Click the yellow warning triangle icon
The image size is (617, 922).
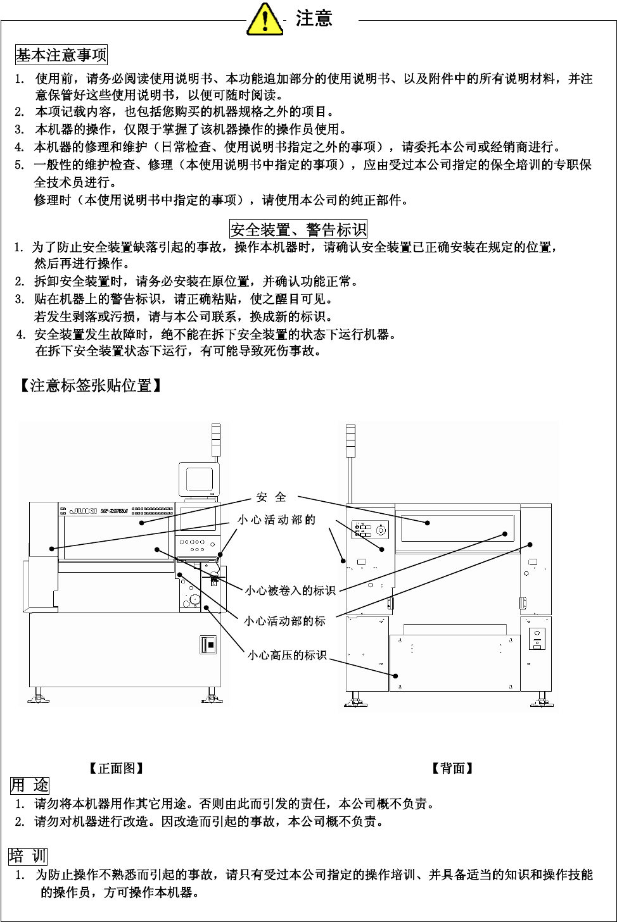point(264,19)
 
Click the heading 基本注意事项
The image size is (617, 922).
point(61,55)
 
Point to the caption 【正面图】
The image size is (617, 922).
point(117,768)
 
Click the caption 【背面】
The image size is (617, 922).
point(452,768)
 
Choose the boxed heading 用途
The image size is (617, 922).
point(30,785)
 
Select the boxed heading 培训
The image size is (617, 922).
point(29,856)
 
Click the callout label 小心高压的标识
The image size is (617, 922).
point(287,655)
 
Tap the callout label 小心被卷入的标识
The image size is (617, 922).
point(290,590)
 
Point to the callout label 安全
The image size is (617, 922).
point(271,497)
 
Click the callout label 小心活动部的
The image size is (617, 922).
point(276,520)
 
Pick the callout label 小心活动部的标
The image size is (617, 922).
point(284,621)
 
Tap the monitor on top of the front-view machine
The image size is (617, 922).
point(198,480)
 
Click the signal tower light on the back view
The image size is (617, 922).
point(350,440)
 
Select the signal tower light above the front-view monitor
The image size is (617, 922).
point(216,440)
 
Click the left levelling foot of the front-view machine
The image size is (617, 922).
point(39,697)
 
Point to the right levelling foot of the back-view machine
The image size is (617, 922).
point(542,699)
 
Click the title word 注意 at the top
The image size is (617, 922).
point(314,18)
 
